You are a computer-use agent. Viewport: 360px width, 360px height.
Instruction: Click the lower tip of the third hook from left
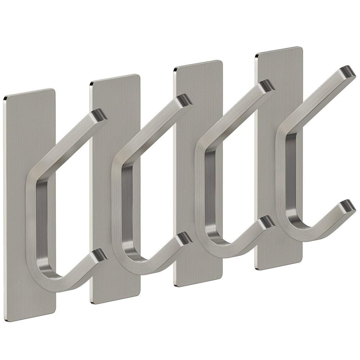(x=267, y=222)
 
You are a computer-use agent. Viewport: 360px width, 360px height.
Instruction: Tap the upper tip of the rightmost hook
(x=347, y=72)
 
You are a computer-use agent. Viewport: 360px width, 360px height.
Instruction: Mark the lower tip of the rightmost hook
(x=347, y=206)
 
